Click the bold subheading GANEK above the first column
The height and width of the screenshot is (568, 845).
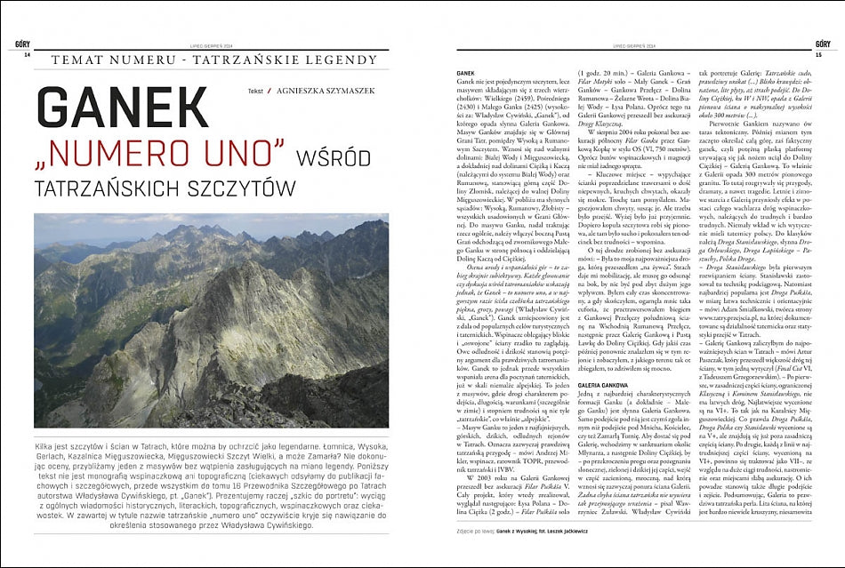coord(464,72)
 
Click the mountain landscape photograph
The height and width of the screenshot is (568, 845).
coord(211,320)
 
